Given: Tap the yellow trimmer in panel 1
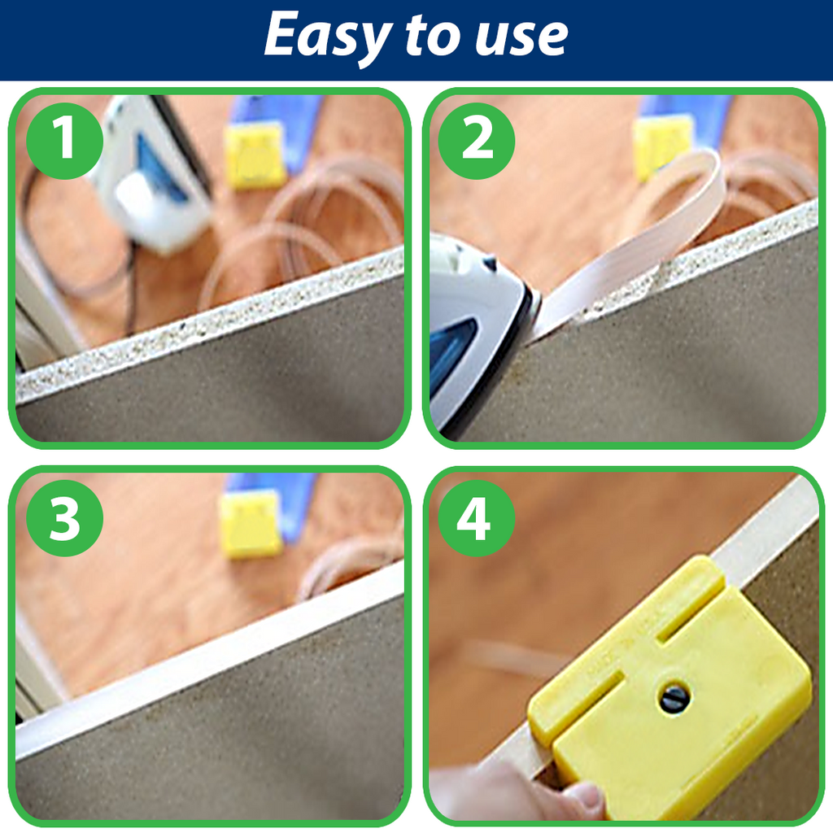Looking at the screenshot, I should point(255,155).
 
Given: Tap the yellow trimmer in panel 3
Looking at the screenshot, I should point(252,525).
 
